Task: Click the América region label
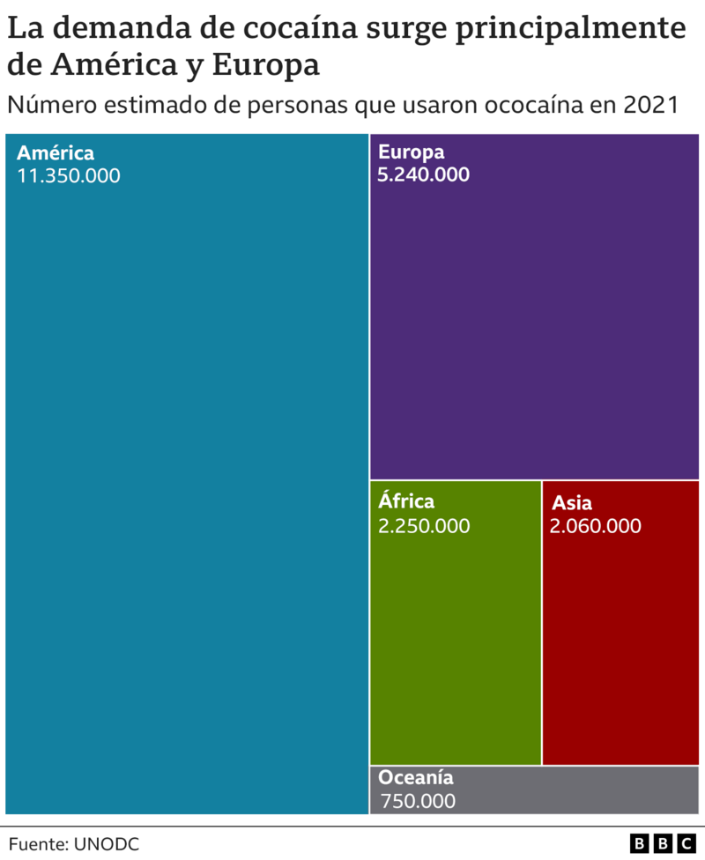point(56,152)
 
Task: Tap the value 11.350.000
point(69,175)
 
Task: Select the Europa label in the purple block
point(412,152)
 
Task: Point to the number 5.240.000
point(423,174)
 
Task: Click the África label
point(406,502)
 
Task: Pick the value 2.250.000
point(423,526)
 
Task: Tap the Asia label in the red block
point(572,504)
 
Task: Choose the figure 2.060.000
point(595,526)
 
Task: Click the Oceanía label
point(416,778)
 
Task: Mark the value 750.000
point(419,801)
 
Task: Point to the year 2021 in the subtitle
point(649,105)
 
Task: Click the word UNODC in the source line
point(107,844)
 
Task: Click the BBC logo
point(662,844)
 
